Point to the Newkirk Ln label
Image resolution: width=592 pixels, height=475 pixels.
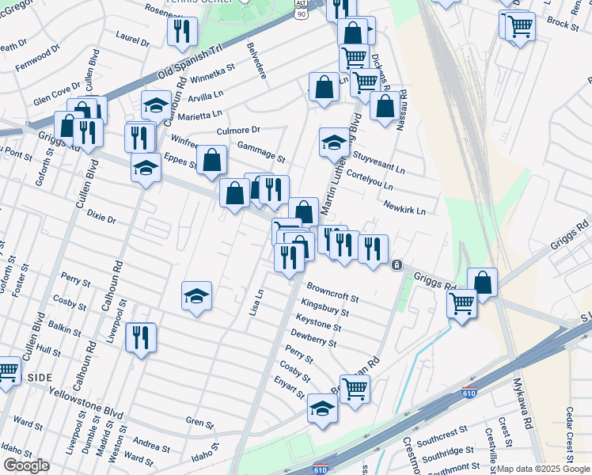coord(404,207)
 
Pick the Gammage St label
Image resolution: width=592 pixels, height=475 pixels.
coord(261,151)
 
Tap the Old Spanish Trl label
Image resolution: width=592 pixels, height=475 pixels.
coord(192,62)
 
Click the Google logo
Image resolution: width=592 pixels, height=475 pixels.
coord(26,465)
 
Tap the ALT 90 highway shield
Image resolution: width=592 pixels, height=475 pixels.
coord(300,9)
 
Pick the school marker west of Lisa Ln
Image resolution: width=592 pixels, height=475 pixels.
coord(196,297)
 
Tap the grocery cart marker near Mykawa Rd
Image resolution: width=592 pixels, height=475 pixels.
coord(461,302)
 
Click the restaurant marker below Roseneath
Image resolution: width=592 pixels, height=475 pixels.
coord(182,31)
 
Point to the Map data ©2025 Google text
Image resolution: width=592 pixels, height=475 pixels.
coord(544,469)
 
